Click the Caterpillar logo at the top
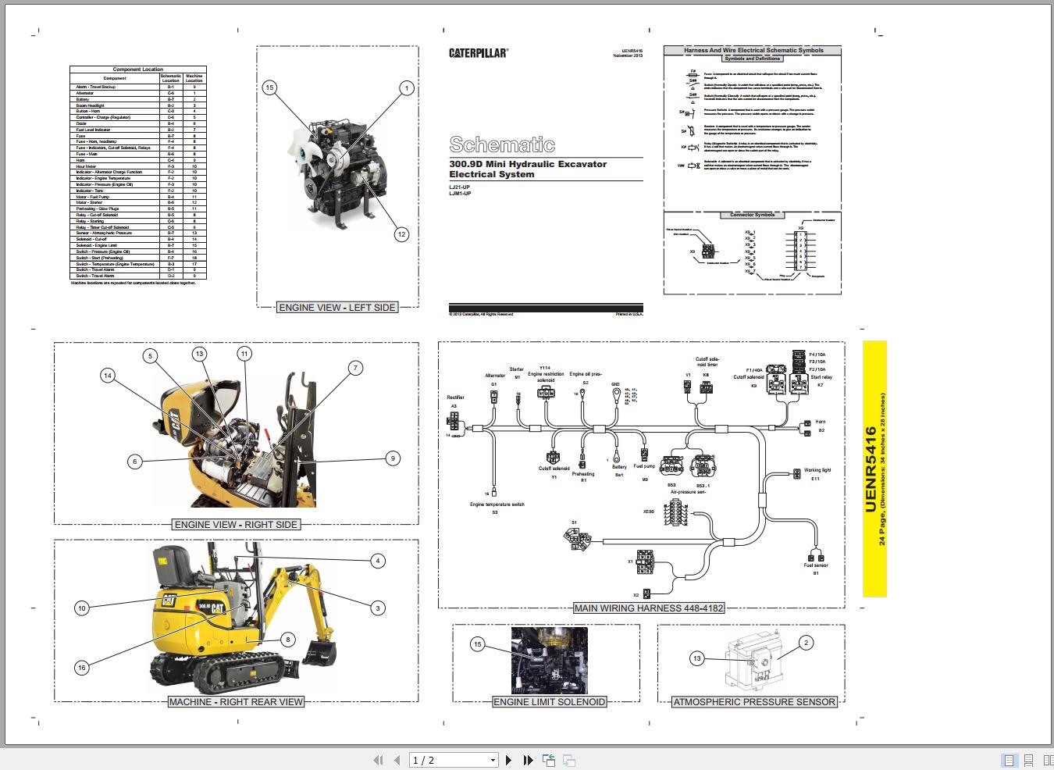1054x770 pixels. pyautogui.click(x=478, y=53)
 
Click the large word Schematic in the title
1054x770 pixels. pyautogui.click(x=502, y=144)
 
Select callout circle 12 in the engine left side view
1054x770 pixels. pyautogui.click(x=401, y=234)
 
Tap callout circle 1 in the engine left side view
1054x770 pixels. pyautogui.click(x=406, y=88)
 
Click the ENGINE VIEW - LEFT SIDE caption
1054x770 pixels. pyautogui.click(x=337, y=308)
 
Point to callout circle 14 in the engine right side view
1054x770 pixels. pyautogui.click(x=108, y=376)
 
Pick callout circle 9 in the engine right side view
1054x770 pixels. pyautogui.click(x=393, y=458)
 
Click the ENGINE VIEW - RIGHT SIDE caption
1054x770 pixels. pyautogui.click(x=236, y=525)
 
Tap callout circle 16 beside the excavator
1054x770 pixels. pyautogui.click(x=81, y=668)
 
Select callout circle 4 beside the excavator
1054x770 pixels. pyautogui.click(x=378, y=561)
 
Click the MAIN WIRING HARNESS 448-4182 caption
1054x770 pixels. pyautogui.click(x=649, y=608)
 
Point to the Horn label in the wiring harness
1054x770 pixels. pyautogui.click(x=820, y=422)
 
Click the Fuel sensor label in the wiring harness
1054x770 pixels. pyautogui.click(x=816, y=565)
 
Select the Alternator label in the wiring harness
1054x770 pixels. pyautogui.click(x=495, y=376)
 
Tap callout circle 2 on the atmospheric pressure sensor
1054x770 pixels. pyautogui.click(x=806, y=643)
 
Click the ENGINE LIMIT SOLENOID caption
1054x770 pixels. pyautogui.click(x=550, y=702)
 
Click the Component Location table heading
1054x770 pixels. pyautogui.click(x=137, y=70)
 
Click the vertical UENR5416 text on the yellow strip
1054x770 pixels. pyautogui.click(x=871, y=469)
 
